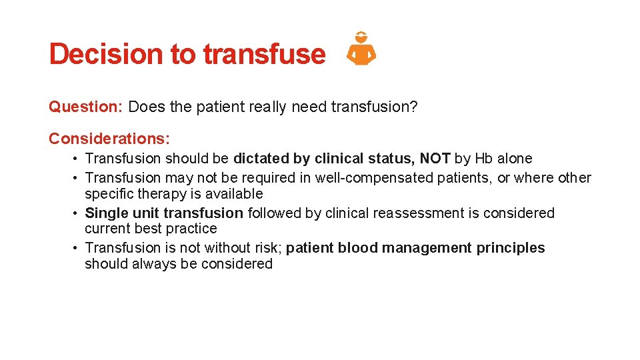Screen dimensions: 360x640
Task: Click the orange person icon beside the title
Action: [x=361, y=49]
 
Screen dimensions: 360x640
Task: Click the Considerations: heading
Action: [x=109, y=139]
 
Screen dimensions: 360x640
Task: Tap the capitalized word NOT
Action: [x=435, y=159]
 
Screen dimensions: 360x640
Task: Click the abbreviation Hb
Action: [x=483, y=159]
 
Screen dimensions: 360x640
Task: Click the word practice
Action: [x=194, y=229]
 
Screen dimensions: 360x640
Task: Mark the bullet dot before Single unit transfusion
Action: [x=77, y=213]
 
